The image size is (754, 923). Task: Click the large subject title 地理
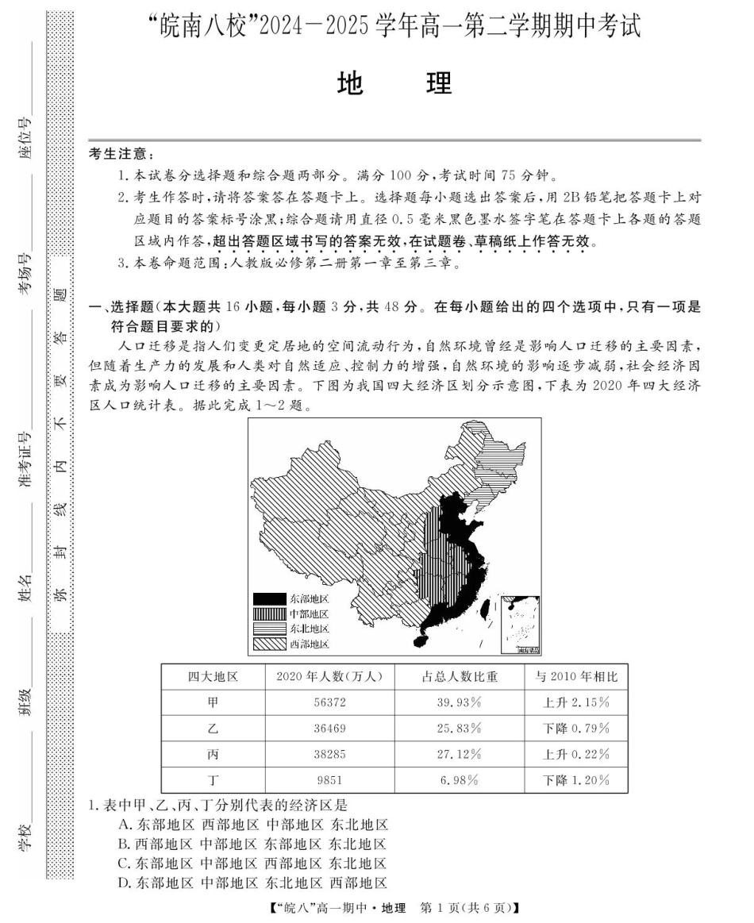394,83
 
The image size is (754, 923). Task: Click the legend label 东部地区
309,599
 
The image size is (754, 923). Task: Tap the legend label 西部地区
309,644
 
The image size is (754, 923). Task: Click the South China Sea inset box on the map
521,624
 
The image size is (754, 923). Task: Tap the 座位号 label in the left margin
26,137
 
